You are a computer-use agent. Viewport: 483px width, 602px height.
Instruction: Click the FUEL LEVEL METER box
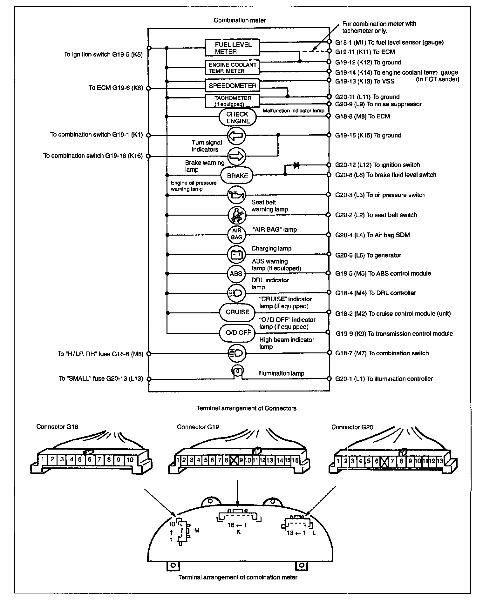click(232, 48)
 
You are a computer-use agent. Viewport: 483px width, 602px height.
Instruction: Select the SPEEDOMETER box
click(232, 86)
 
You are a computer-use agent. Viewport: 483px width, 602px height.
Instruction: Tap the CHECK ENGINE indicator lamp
click(238, 117)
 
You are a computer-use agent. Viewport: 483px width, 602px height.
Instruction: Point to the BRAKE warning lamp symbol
click(237, 176)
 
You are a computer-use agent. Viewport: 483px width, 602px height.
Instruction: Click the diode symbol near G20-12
click(296, 165)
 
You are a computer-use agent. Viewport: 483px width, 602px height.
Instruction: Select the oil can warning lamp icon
click(236, 195)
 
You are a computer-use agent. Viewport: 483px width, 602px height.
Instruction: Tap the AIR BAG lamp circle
click(236, 234)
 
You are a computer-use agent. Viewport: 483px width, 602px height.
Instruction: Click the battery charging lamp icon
click(236, 254)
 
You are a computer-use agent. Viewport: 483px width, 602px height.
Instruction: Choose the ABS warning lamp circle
click(236, 273)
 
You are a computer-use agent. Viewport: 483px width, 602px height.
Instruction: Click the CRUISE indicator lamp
click(237, 312)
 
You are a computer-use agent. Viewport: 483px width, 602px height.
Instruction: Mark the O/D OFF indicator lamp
click(238, 333)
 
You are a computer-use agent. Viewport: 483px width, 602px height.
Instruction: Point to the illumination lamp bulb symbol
click(237, 371)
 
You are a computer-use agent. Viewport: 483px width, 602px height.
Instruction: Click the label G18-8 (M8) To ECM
click(363, 116)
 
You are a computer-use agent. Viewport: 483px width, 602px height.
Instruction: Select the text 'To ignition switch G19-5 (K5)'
click(103, 54)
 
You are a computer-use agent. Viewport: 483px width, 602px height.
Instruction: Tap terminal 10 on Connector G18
click(130, 459)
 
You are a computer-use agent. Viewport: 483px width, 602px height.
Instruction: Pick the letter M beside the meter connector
click(197, 530)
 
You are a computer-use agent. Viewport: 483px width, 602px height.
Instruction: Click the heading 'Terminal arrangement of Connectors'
click(246, 408)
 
